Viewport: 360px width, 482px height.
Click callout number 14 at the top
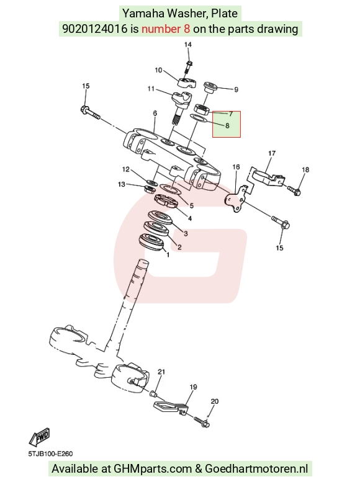pos(187,45)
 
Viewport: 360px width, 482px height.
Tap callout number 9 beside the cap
pos(236,89)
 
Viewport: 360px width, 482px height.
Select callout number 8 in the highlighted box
pos(227,125)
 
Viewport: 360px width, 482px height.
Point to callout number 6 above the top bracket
pos(155,113)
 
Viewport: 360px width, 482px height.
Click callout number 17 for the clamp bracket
pos(272,153)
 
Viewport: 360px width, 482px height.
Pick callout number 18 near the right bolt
pos(305,170)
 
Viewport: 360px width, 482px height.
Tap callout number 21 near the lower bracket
pos(161,372)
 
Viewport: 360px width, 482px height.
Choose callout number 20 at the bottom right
pos(215,401)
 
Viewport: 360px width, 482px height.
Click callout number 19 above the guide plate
pos(193,387)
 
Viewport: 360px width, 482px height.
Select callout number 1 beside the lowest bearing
pos(168,255)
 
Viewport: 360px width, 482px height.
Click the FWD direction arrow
pos(39,437)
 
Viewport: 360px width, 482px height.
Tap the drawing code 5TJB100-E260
pos(50,453)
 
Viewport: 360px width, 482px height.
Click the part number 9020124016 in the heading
pos(95,29)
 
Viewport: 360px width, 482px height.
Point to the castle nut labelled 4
pos(165,201)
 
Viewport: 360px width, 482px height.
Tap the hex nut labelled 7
pos(202,109)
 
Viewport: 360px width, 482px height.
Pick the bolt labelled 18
pos(294,190)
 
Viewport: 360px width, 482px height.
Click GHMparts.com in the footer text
pos(153,469)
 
